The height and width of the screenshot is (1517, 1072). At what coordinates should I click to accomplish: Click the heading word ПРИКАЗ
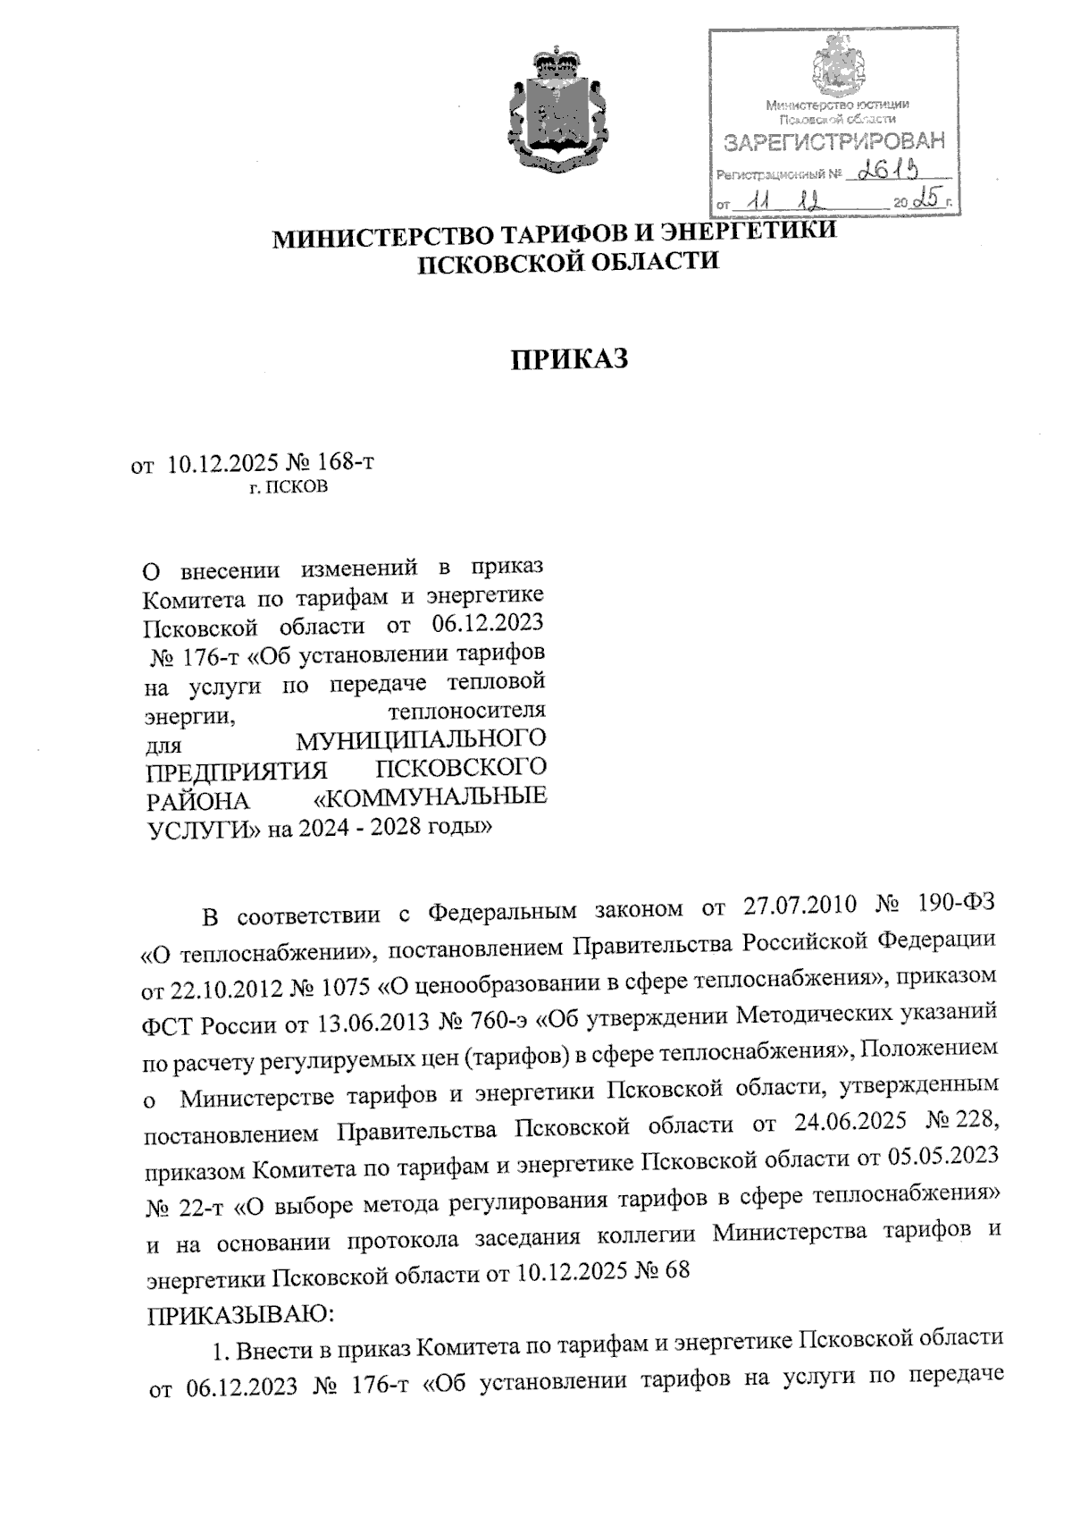[x=570, y=359]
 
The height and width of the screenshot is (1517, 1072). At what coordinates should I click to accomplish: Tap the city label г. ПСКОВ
[x=289, y=487]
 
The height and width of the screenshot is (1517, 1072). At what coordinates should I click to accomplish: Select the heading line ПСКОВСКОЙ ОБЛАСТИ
[x=570, y=262]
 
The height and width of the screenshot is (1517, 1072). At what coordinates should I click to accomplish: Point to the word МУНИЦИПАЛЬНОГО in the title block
[x=421, y=739]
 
